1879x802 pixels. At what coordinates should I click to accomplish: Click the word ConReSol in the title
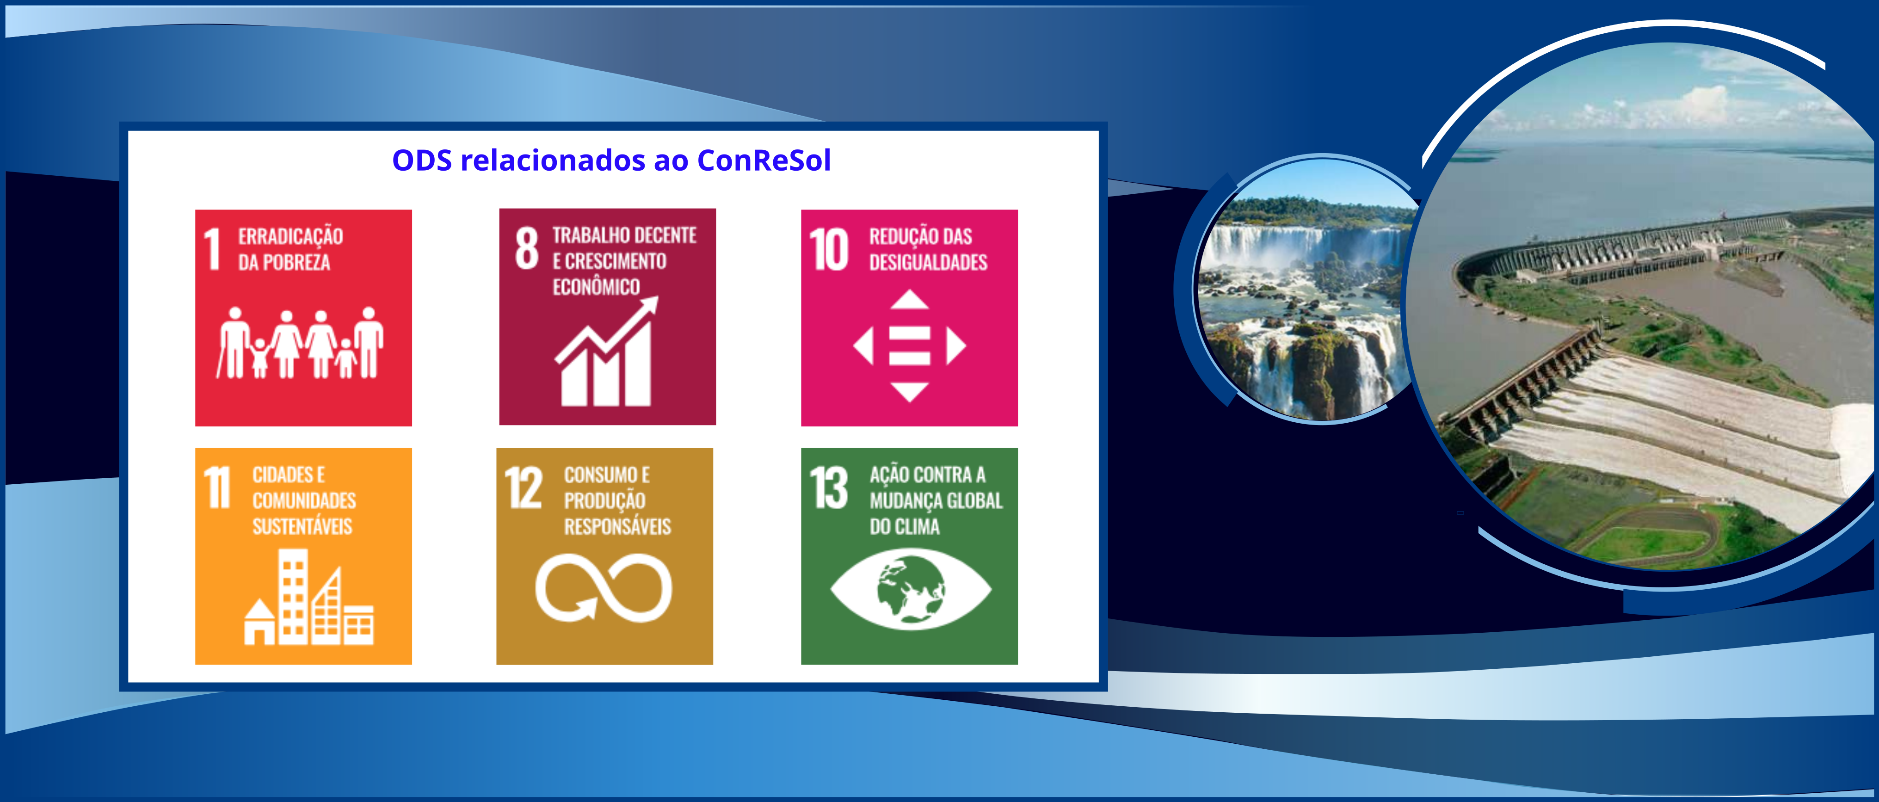tap(764, 160)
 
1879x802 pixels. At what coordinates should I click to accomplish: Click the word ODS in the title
tap(422, 160)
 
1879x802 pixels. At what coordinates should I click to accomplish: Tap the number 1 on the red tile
tap(212, 249)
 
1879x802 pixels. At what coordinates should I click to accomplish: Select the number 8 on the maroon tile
tap(527, 247)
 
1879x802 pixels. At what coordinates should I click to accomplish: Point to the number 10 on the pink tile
tap(829, 250)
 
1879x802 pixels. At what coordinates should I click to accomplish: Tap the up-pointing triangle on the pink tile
tap(910, 299)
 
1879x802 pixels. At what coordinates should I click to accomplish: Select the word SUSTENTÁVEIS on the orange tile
tap(302, 526)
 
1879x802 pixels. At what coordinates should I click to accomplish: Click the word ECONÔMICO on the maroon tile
tap(596, 287)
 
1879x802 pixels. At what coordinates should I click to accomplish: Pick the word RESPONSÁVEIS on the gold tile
tap(617, 526)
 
